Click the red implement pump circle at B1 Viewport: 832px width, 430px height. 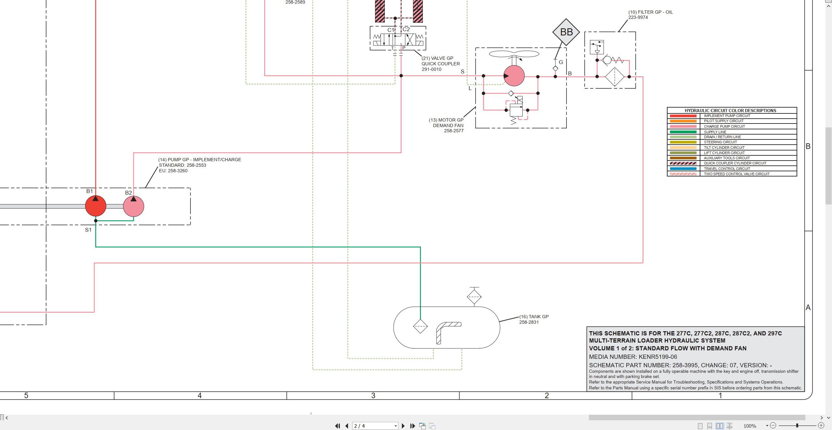[96, 206]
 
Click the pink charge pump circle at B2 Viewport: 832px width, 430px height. [134, 206]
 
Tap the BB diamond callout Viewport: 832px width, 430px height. [566, 32]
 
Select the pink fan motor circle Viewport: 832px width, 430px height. [514, 76]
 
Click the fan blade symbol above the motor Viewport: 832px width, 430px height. [514, 54]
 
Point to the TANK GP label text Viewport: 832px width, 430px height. [534, 317]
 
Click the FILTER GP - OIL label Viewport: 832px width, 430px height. [650, 12]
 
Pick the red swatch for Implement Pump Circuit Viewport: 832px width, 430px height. [683, 116]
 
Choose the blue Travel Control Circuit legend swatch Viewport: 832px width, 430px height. [683, 169]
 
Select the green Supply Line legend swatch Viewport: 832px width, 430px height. [683, 132]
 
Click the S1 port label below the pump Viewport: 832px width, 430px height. [88, 230]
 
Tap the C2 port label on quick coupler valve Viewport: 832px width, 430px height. [406, 29]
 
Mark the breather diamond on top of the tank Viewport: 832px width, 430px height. [474, 296]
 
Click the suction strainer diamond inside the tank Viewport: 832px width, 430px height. [420, 326]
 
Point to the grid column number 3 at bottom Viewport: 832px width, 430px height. [373, 396]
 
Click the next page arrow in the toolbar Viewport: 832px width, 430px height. [403, 426]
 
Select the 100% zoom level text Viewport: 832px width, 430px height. [750, 426]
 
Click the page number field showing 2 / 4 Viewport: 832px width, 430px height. [375, 426]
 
